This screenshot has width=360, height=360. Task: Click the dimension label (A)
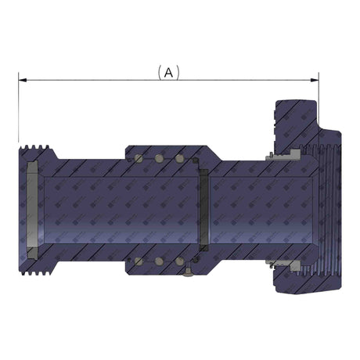(168, 72)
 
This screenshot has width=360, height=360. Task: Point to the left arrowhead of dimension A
(23, 79)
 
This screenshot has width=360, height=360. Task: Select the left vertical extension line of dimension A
(17, 110)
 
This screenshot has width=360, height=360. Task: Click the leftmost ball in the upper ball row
(139, 159)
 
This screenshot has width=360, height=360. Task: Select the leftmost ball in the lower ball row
(139, 261)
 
